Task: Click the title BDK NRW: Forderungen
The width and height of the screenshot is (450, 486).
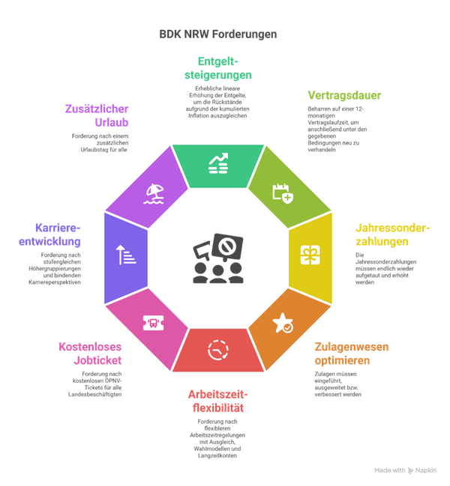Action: tap(218, 34)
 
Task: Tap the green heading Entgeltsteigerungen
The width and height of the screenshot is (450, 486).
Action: tap(217, 68)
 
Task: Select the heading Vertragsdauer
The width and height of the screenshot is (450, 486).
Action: tap(344, 96)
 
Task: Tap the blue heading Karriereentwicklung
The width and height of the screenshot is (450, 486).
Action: tap(58, 234)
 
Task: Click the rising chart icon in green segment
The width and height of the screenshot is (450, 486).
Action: tap(219, 163)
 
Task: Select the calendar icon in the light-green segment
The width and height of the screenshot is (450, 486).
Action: tap(282, 192)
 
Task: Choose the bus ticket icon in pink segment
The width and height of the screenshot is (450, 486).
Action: tap(151, 322)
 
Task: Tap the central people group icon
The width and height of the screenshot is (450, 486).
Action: tap(217, 258)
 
